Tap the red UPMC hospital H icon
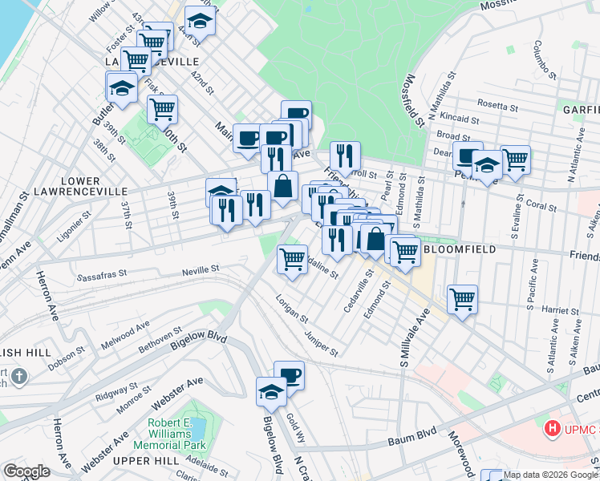pyautogui.click(x=552, y=429)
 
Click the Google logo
pyautogui.click(x=26, y=471)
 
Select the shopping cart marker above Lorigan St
pyautogui.click(x=292, y=259)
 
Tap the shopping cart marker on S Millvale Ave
pyautogui.click(x=462, y=299)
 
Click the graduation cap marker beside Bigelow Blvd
pyautogui.click(x=271, y=390)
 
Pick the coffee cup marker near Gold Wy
pyautogui.click(x=289, y=374)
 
